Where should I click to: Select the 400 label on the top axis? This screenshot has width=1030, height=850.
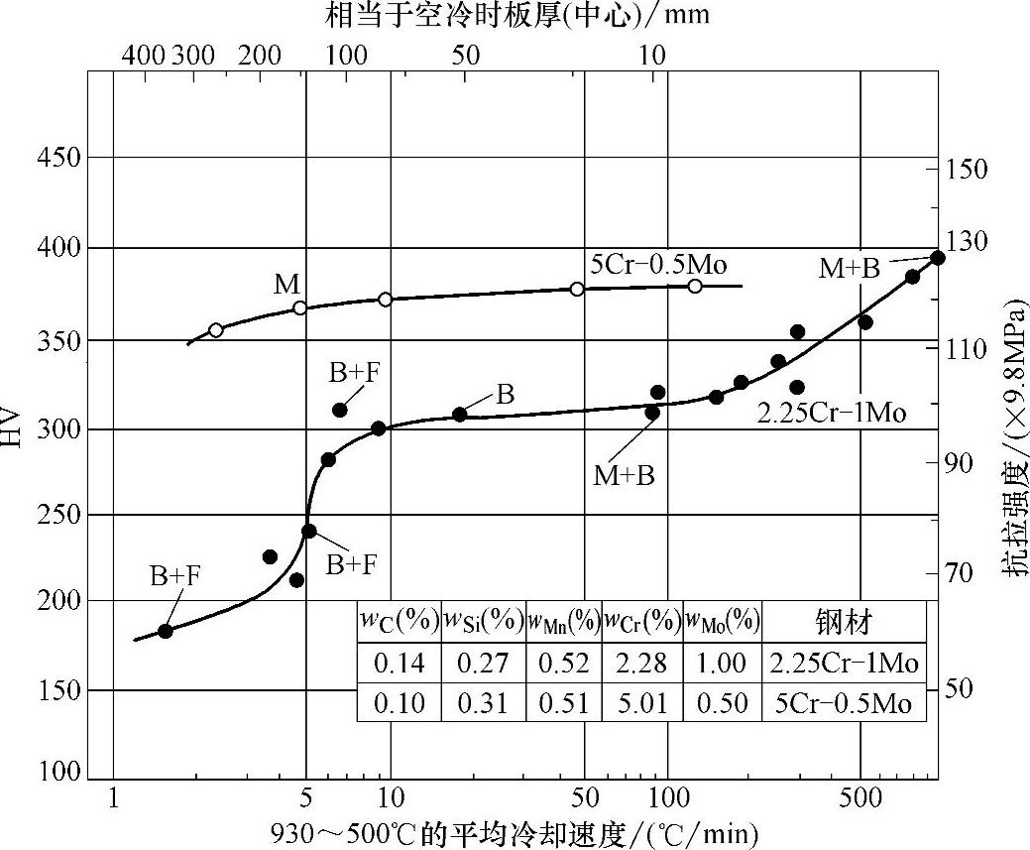click(x=144, y=55)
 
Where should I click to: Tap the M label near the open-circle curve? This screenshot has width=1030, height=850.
click(x=287, y=285)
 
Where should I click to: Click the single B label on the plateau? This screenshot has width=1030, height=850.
click(x=505, y=395)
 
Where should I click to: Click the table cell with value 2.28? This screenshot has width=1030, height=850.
click(x=641, y=662)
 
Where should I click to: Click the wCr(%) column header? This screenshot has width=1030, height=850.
click(x=641, y=622)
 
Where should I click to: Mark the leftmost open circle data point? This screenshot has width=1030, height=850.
click(x=216, y=330)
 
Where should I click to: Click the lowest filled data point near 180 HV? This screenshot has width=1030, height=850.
click(x=166, y=631)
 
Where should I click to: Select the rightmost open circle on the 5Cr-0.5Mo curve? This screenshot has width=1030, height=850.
click(x=695, y=286)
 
